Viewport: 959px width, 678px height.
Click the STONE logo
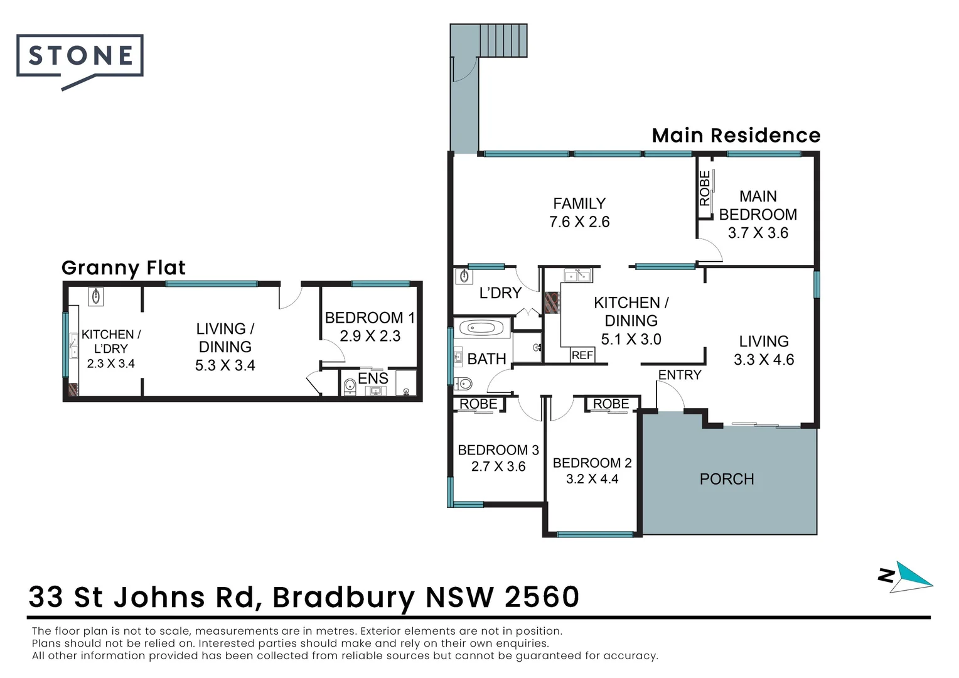point(80,56)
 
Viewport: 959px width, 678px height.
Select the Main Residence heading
point(736,136)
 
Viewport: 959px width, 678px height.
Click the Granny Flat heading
point(124,268)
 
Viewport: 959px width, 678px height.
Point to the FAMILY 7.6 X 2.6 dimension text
point(579,222)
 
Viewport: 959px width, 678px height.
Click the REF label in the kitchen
point(582,355)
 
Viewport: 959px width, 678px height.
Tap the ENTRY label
point(679,375)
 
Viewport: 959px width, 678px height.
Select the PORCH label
point(726,479)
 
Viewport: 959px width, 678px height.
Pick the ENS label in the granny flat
point(373,378)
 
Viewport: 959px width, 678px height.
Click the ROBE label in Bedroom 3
point(478,404)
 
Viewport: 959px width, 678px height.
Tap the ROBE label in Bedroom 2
point(611,404)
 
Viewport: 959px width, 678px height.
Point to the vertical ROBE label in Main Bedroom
point(705,188)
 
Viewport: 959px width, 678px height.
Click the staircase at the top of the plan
point(503,40)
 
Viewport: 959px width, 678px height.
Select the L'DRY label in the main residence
point(500,293)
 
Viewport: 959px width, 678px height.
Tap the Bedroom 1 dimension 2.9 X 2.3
point(370,336)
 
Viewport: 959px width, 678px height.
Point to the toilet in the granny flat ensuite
point(350,386)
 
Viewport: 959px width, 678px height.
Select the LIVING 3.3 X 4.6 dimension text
point(764,360)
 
